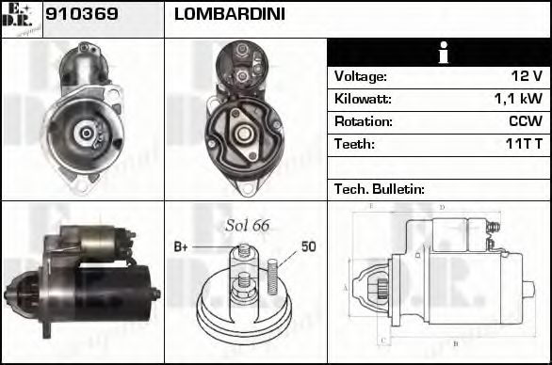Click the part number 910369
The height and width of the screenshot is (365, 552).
point(81,15)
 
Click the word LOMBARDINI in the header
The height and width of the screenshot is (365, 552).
point(229,15)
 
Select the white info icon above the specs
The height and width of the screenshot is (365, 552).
point(438,53)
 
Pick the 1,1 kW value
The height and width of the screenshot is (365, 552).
point(518,99)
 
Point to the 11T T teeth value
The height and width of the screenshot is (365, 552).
point(520,144)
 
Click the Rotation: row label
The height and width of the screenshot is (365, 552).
point(363,121)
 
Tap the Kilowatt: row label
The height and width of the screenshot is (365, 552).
point(363,99)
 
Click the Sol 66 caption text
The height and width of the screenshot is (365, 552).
point(248,225)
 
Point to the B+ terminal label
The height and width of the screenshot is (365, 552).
point(181,246)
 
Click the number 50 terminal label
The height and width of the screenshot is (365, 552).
point(308,246)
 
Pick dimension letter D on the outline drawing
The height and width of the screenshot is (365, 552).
point(441,207)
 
